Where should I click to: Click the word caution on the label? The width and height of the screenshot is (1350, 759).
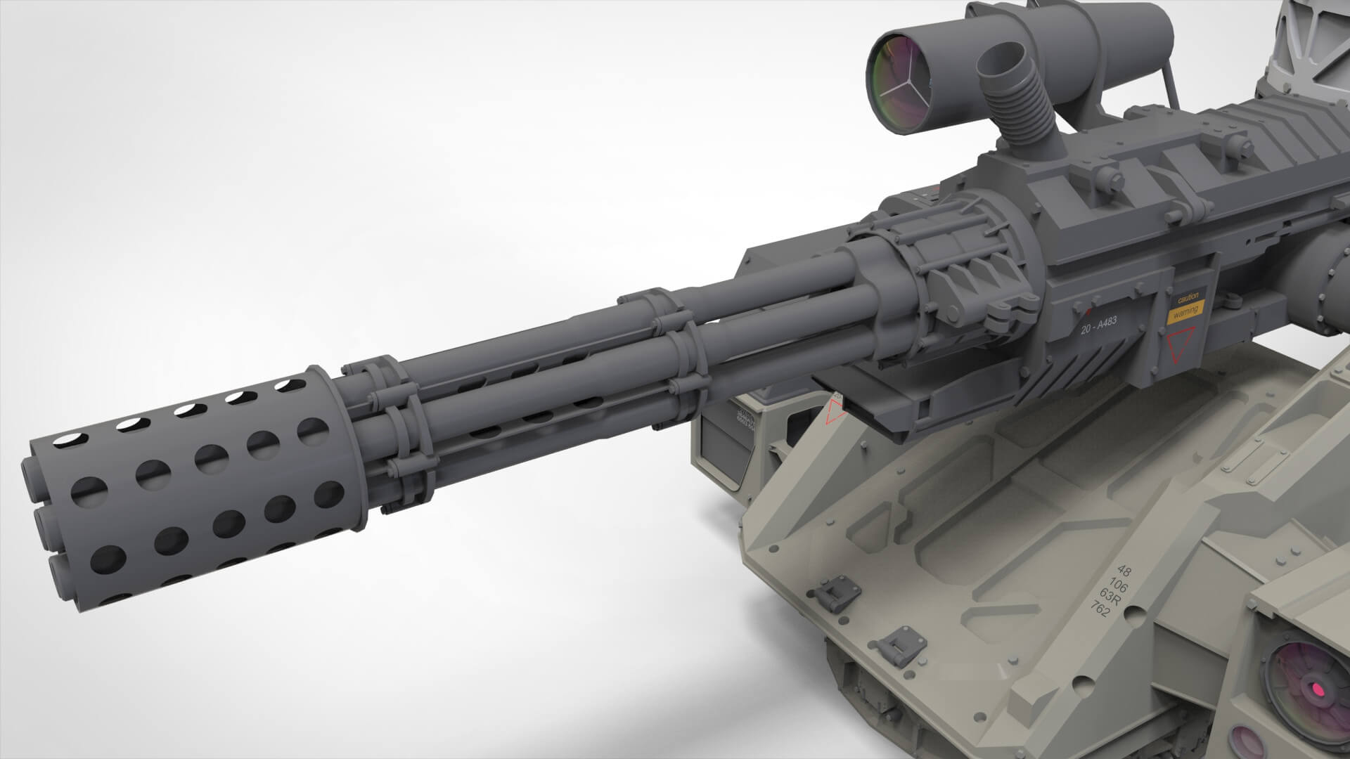pos(1188,297)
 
